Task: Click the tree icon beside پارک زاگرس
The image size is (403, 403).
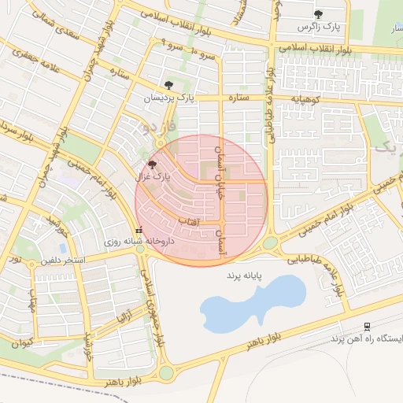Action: tap(318, 14)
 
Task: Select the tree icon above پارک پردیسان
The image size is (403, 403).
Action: tap(168, 85)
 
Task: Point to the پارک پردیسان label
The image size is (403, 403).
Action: tap(168, 98)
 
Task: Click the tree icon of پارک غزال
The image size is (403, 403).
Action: tap(152, 165)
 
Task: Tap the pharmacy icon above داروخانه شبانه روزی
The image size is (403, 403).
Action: tap(139, 231)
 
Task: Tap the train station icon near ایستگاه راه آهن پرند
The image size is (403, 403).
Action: tap(367, 327)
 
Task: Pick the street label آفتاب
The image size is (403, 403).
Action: tap(191, 223)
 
